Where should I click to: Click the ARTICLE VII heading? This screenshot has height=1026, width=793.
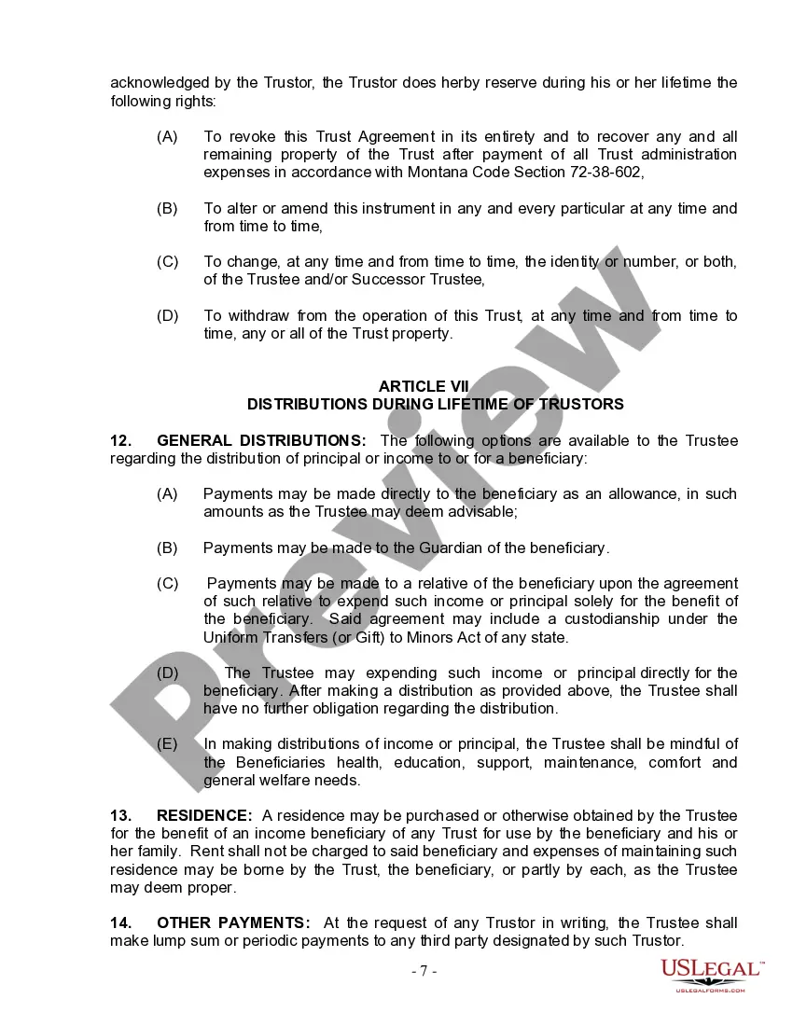tap(424, 386)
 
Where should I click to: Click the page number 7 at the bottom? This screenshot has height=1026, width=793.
tap(424, 971)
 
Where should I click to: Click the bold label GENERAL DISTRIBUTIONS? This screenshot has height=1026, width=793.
tap(262, 440)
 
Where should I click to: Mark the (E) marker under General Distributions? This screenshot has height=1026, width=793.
tap(167, 744)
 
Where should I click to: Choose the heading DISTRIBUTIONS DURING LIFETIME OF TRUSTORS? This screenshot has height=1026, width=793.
tap(436, 404)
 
